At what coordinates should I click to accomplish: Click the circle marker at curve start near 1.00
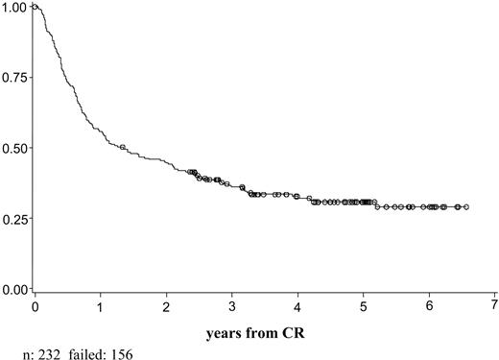coord(36,7)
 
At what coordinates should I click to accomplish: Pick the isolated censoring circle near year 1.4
coord(123,147)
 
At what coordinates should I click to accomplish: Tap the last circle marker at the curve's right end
coord(465,206)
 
